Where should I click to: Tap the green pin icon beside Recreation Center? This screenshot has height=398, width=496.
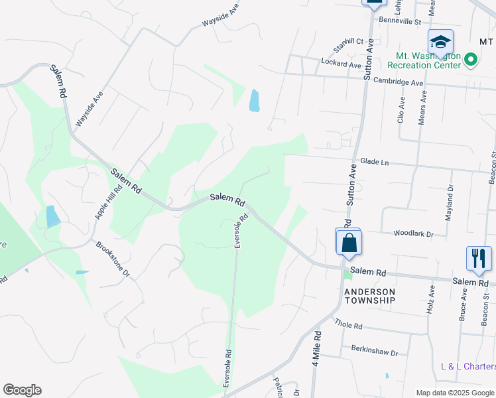tap(471, 60)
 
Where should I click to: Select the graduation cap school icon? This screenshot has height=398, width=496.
tap(440, 43)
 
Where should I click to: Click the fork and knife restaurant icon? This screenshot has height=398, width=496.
tap(479, 258)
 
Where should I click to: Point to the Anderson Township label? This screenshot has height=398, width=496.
tap(369, 296)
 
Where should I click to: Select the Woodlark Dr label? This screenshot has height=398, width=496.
tap(413, 233)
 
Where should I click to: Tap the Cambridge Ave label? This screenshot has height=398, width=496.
tap(397, 83)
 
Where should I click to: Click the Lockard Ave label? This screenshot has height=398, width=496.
tap(341, 66)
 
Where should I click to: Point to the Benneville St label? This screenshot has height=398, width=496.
tap(400, 21)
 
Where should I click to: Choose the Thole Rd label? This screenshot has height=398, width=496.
tap(349, 326)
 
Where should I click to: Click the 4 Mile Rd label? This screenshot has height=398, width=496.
tap(316, 358)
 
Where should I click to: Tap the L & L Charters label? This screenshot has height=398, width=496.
tap(468, 366)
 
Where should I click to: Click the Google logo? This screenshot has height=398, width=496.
tap(22, 390)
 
